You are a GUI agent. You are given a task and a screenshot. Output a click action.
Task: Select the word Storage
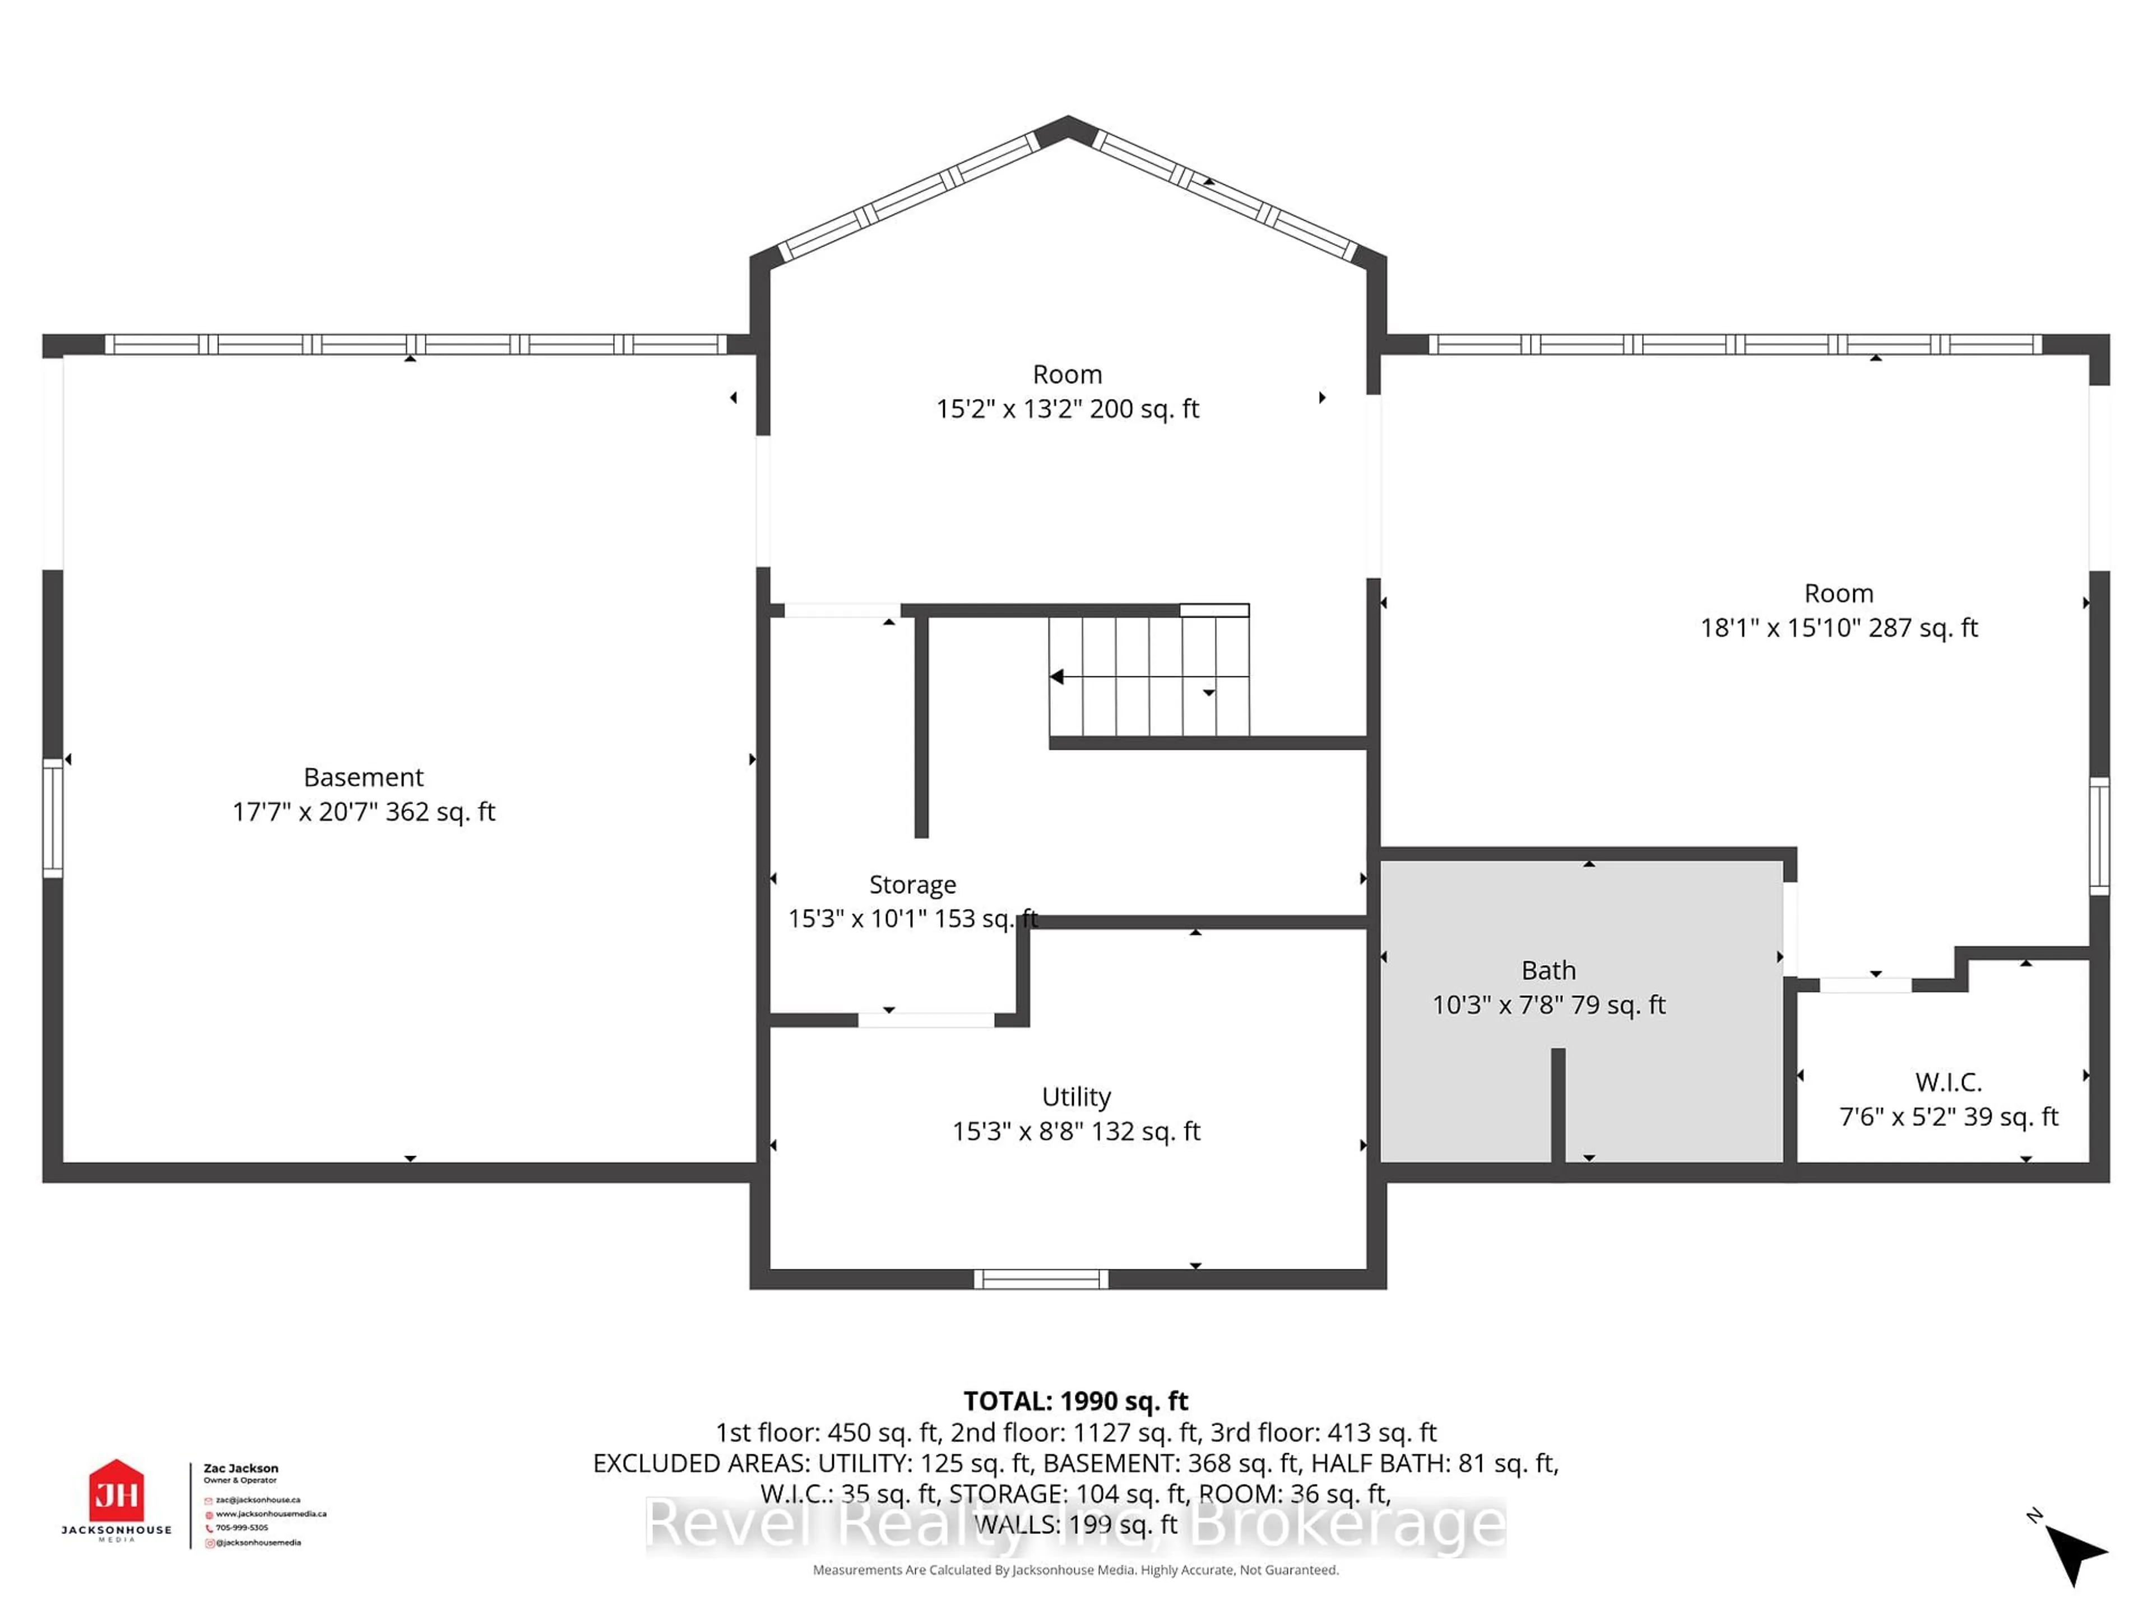(x=912, y=884)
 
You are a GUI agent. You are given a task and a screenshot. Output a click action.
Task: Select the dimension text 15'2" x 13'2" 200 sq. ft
(x=1067, y=409)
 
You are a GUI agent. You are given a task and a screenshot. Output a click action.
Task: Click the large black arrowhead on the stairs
(x=1056, y=676)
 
